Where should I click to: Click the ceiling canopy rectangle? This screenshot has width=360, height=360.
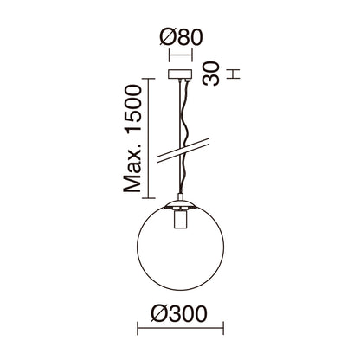point(180,75)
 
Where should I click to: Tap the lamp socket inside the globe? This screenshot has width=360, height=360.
point(180,221)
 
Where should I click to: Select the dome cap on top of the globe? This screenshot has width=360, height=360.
point(180,205)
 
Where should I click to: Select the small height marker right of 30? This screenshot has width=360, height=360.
point(231,76)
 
